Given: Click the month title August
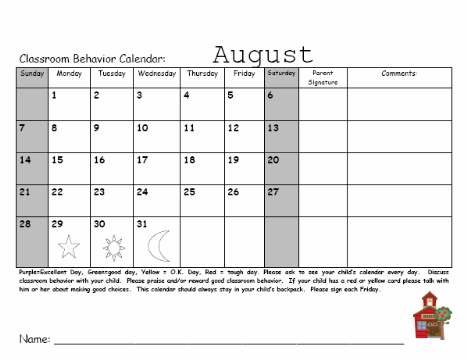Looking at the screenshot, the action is point(263,54).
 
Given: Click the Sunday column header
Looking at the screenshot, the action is point(31,74).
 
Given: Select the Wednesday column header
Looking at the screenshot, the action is point(156,74).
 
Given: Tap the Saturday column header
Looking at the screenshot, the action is point(281,73).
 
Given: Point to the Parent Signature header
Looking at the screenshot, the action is point(322,77).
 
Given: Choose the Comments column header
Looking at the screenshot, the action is point(398,73).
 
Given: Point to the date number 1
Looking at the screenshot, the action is point(54,96).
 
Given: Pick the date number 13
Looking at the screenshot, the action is point(232,128).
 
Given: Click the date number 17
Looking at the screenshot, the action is point(143,160).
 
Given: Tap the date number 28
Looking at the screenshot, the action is point(25,224).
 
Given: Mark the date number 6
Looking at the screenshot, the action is point(270,96).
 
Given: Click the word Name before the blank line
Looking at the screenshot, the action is point(34,340).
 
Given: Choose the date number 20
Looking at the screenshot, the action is point(273,160).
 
